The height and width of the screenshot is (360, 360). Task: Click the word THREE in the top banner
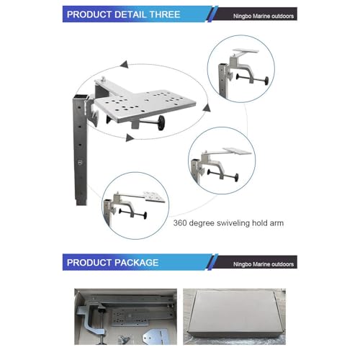click(x=165, y=14)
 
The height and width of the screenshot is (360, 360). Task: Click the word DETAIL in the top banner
click(x=130, y=14)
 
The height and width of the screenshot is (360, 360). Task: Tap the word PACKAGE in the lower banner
click(x=135, y=262)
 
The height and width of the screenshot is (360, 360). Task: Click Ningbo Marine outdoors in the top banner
click(x=264, y=16)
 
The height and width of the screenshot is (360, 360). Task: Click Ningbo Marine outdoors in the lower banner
click(x=264, y=264)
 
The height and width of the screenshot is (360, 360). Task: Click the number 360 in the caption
click(x=180, y=223)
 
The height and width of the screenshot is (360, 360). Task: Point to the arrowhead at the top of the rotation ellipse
click(x=125, y=64)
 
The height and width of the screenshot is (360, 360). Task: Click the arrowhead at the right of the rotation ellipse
click(x=207, y=108)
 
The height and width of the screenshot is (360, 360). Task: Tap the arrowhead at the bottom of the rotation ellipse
click(x=130, y=138)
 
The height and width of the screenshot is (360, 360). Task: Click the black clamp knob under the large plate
click(x=161, y=122)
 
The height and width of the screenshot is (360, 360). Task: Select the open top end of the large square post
click(x=81, y=98)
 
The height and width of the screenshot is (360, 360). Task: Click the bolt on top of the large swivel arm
click(x=104, y=78)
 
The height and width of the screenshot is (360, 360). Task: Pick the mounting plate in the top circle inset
click(x=246, y=51)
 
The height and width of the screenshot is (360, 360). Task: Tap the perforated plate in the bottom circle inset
click(x=154, y=197)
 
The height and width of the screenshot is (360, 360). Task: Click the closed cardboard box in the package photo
click(x=235, y=315)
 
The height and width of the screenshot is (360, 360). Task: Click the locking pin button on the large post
click(x=80, y=163)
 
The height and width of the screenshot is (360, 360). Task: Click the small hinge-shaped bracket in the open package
click(x=155, y=336)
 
